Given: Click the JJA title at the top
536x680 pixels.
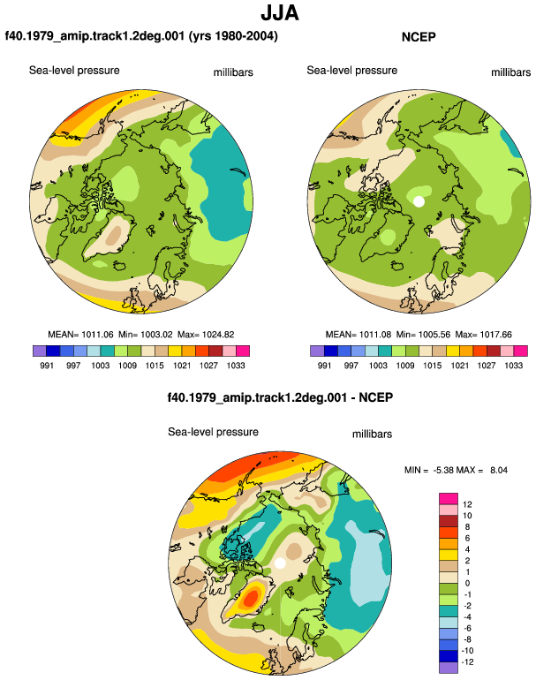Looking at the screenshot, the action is coord(280,13).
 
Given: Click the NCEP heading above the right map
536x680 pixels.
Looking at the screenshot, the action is coord(419,37).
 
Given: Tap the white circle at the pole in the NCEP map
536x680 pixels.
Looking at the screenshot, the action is coord(419,201).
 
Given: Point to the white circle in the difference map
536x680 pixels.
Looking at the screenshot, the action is coord(280,563).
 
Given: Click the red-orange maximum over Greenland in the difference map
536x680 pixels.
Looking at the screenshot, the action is coord(251,599).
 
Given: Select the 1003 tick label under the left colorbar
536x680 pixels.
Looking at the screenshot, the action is coord(100,365).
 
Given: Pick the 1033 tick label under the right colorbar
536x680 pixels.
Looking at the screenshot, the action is coord(513,365).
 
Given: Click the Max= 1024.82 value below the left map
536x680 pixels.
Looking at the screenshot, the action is coord(206,335).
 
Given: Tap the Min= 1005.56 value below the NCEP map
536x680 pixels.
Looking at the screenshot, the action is coord(423,335).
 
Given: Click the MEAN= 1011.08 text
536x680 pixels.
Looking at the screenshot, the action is coord(359,335).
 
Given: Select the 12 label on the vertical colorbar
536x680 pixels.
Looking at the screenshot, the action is coord(467,504).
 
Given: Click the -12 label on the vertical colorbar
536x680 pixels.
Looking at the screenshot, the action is coord(468,661).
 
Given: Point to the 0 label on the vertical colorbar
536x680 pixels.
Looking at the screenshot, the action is coord(467,583).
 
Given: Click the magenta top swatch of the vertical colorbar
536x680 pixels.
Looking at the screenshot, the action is coord(449,499).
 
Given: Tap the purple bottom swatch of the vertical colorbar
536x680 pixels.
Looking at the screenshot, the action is coord(449,668).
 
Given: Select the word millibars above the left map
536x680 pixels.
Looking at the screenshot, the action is coord(233,72).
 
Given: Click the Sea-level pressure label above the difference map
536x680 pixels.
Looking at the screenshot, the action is coord(214,432).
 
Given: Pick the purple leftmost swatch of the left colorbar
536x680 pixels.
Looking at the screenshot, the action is coord(40,351).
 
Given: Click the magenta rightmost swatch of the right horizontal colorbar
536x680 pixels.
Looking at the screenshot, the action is coord(521,351).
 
